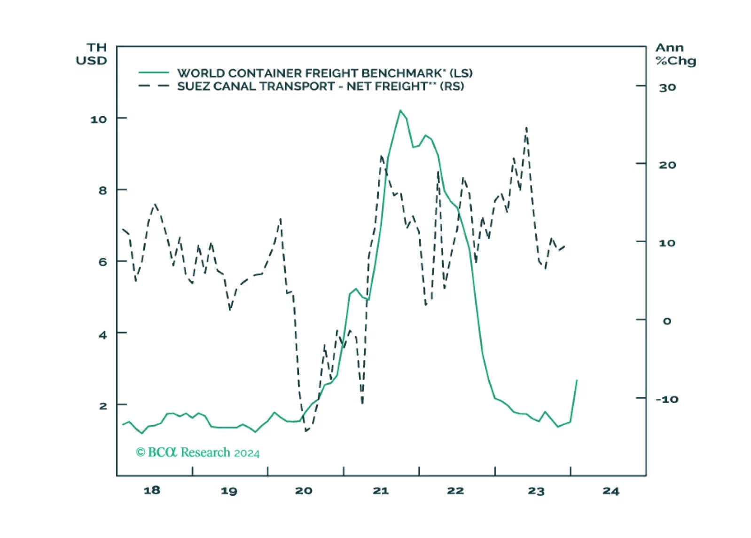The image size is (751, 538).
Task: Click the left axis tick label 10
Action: point(99,119)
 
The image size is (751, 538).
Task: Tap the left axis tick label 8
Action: point(102,190)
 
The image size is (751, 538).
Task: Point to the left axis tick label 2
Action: point(103,406)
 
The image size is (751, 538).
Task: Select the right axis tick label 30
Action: point(667,87)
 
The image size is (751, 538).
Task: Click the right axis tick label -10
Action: point(667,399)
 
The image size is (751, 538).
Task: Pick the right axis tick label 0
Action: point(667,321)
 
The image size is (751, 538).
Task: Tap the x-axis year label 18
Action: point(152,491)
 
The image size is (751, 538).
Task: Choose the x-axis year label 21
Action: point(381,491)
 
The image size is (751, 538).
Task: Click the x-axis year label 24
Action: point(611,491)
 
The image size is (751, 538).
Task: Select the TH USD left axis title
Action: point(92,54)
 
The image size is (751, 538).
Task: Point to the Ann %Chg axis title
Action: point(675,54)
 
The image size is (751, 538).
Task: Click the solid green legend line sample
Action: point(154,73)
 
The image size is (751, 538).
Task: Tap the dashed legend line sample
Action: point(154,86)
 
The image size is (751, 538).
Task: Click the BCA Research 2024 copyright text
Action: point(197,452)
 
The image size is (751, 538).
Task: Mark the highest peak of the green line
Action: point(400,111)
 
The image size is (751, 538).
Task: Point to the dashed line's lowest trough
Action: point(306,431)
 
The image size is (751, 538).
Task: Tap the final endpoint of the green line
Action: point(577,380)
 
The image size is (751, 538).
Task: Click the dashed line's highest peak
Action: point(526,127)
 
